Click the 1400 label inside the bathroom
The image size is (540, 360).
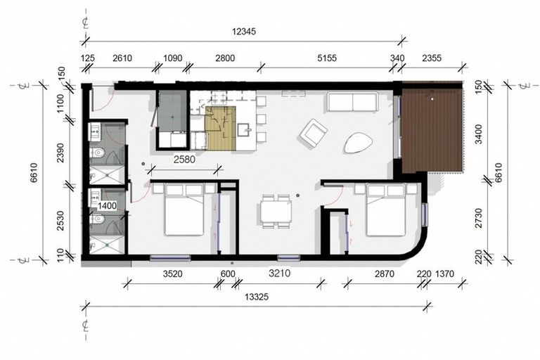click(107, 205)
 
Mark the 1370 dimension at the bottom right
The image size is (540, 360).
click(447, 274)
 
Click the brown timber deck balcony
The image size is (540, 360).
click(432, 129)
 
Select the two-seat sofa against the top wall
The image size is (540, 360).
click(352, 103)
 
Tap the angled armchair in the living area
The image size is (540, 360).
click(313, 133)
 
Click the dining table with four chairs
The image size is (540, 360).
click(276, 211)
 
